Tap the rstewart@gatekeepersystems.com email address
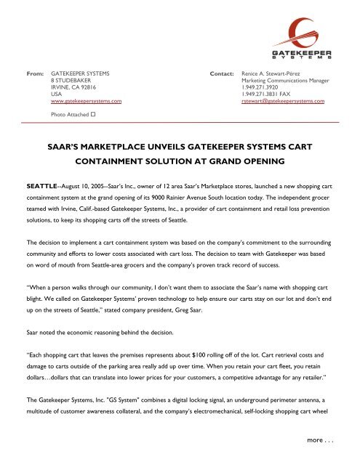coord(282,102)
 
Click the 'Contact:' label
coord(222,74)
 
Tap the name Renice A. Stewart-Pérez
coord(273,74)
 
